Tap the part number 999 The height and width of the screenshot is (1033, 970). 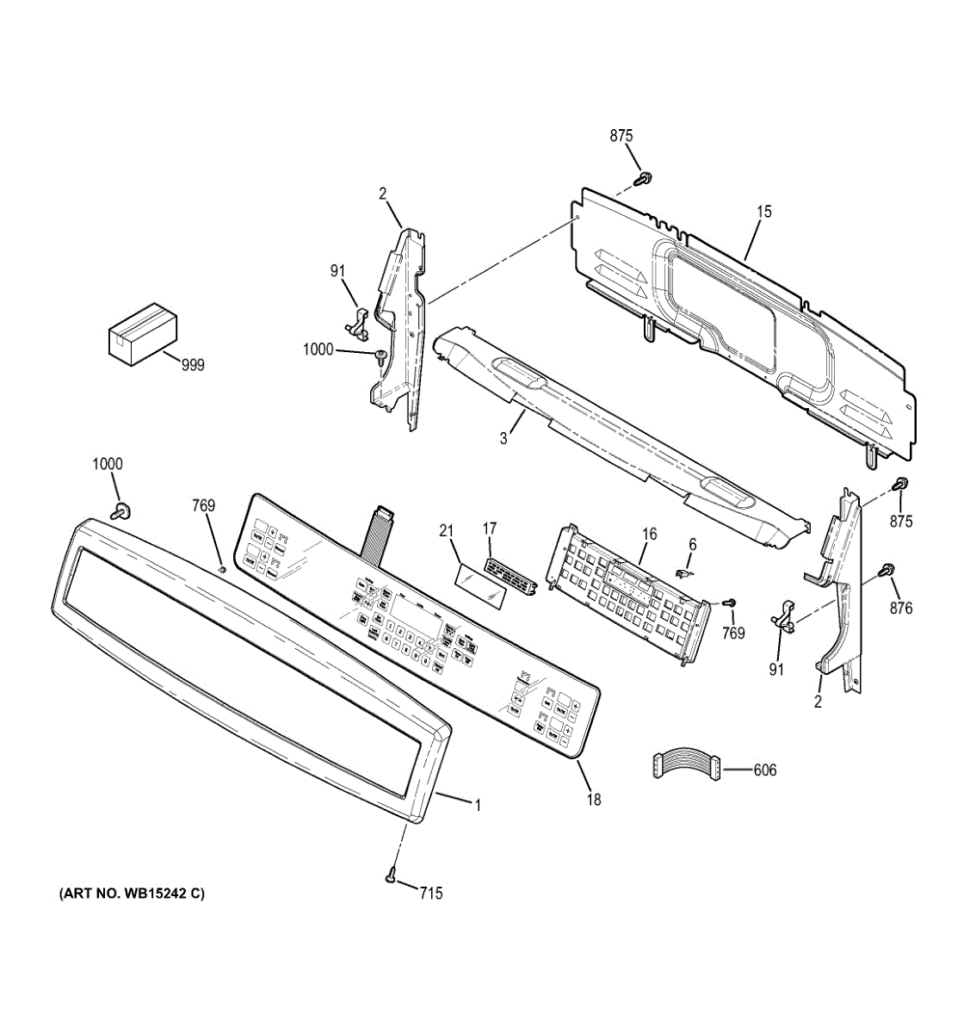(x=193, y=366)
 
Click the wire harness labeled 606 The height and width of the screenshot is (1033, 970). (x=686, y=766)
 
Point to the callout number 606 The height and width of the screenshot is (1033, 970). (x=764, y=770)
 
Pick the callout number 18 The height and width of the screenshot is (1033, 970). (x=594, y=800)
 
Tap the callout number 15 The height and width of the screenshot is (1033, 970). (x=764, y=211)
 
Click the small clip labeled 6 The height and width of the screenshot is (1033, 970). (x=684, y=570)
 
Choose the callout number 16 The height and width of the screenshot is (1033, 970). (x=649, y=535)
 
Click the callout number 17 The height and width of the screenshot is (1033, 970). (x=490, y=528)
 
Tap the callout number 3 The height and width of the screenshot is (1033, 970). (x=504, y=438)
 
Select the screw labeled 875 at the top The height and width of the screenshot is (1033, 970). (x=642, y=178)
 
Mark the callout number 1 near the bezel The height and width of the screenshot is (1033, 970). (x=478, y=806)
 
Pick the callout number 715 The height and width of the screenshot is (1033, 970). (x=431, y=894)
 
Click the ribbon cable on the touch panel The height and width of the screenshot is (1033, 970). (x=378, y=532)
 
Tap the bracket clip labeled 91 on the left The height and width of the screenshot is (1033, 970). (x=357, y=320)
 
